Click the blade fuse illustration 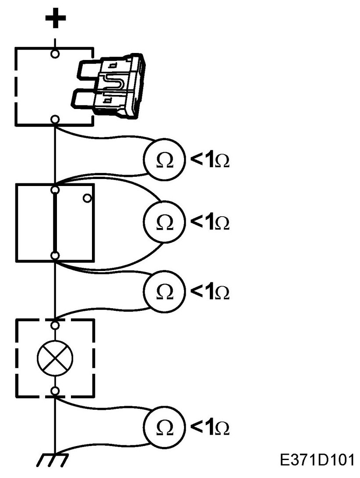(108, 85)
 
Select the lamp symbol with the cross (55, 358)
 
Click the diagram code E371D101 (317, 460)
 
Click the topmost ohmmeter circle (164, 158)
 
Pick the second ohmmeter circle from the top (164, 221)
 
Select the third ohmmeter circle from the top (164, 291)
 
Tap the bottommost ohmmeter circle (164, 427)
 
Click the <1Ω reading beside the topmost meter (210, 160)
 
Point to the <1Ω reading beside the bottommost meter (210, 428)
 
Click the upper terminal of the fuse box (55, 54)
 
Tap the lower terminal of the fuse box (55, 119)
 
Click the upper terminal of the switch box (55, 190)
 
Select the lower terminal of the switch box (55, 256)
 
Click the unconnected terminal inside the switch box (87, 198)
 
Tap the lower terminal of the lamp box (55, 391)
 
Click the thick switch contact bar (55, 223)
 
